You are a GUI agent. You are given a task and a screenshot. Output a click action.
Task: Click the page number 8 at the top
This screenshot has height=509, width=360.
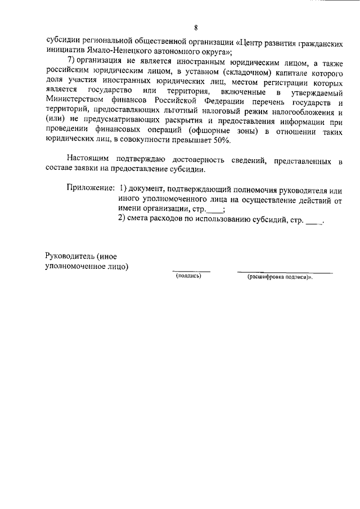point(195,28)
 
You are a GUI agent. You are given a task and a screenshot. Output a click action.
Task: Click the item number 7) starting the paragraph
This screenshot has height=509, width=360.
point(73,62)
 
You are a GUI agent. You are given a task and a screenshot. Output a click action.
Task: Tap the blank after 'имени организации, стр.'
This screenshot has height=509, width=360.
point(214,210)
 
